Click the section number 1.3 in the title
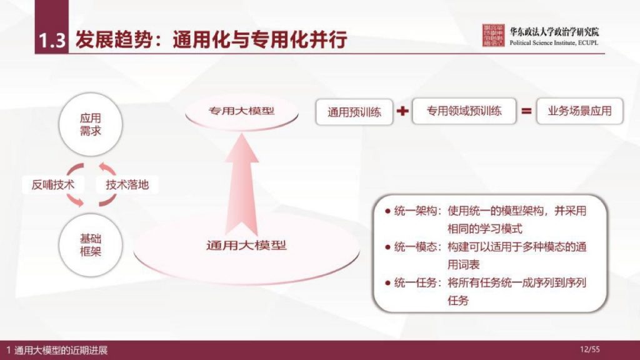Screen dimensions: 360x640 [x=52, y=41]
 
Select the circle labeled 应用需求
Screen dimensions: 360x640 [x=91, y=124]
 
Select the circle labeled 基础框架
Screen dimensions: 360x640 [x=91, y=246]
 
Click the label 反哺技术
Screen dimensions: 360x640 [x=53, y=185]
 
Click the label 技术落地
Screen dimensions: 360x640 [x=127, y=185]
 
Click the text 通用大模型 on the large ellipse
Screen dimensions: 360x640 [x=246, y=245]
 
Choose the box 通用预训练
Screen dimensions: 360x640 [x=354, y=113]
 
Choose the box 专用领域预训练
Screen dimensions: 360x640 [x=464, y=112]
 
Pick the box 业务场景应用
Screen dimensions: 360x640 [x=579, y=112]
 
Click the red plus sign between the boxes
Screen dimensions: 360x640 [x=402, y=112]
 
